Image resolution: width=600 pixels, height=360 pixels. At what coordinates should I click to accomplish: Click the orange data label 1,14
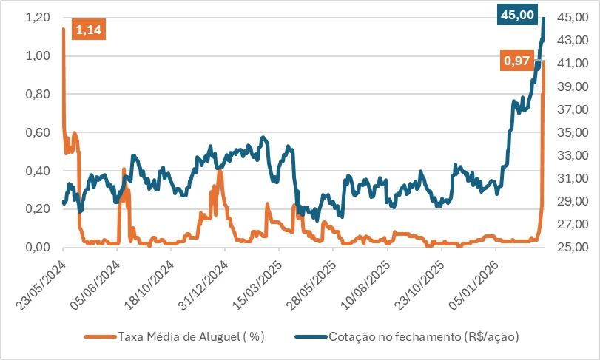(x=89, y=29)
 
